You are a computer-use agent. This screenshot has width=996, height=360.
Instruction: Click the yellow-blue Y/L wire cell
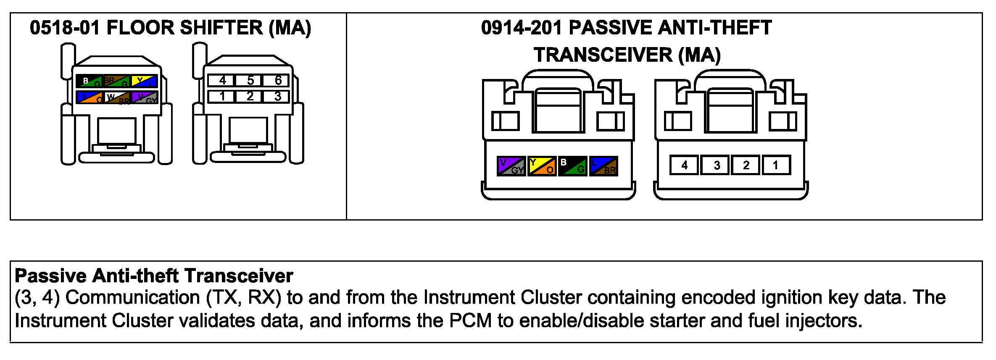coord(144,81)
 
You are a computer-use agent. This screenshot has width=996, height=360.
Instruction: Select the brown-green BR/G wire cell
coord(116,81)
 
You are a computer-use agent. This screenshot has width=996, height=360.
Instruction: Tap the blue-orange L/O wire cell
coord(90,97)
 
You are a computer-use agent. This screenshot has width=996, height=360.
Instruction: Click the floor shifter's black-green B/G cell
coord(89,81)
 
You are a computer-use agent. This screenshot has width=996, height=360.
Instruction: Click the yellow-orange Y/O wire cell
coord(542,166)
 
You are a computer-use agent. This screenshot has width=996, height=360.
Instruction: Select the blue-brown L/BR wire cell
coord(603,166)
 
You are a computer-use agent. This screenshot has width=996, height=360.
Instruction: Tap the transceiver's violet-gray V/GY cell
coord(511,166)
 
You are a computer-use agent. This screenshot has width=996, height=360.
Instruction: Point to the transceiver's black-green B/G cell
coord(572,166)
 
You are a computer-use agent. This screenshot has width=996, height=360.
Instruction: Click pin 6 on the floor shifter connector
coord(277,80)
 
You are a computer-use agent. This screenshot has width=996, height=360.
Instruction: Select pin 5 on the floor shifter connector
coord(250,80)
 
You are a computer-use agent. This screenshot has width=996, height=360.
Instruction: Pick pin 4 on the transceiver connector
coord(684,165)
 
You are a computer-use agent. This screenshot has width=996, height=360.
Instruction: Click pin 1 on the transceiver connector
coord(776,165)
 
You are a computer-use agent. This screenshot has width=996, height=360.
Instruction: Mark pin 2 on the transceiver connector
coord(746,165)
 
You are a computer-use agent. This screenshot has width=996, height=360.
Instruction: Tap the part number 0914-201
coord(521,28)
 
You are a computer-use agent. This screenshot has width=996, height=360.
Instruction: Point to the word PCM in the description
coord(470,321)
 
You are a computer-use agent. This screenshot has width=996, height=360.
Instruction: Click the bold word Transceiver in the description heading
coord(239,276)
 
